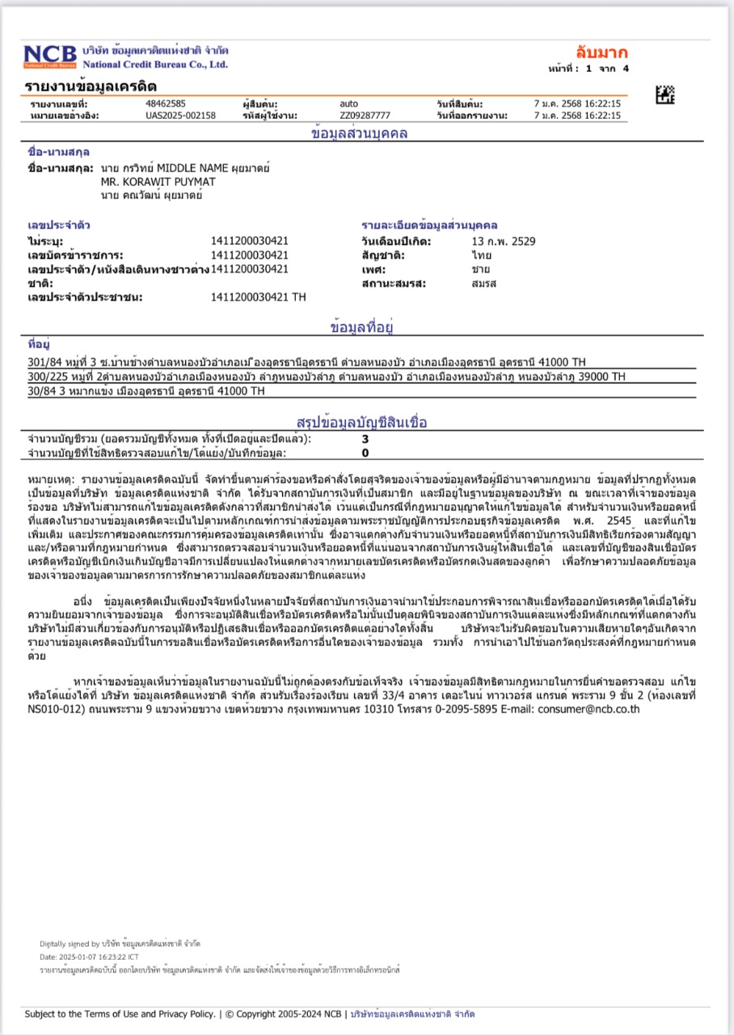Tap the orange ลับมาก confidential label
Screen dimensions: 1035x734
point(601,53)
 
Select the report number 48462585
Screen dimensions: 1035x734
point(166,103)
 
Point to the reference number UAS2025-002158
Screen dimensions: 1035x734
point(180,116)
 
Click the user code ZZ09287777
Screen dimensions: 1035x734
point(365,116)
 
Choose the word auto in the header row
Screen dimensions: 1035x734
point(348,103)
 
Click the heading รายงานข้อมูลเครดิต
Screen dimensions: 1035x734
point(91,86)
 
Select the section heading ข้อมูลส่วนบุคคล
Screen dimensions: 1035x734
point(359,133)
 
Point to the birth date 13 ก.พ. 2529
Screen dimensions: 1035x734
point(503,241)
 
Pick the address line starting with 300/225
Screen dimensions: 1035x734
point(326,377)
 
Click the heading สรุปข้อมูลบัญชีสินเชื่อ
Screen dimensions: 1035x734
point(362,422)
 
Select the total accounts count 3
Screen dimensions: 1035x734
point(365,439)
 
